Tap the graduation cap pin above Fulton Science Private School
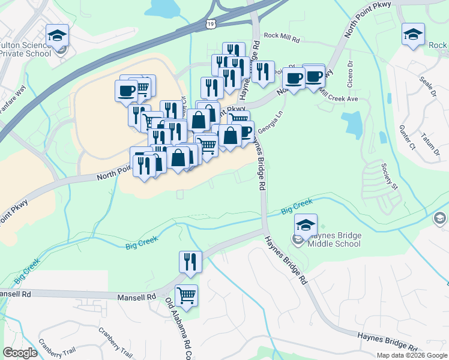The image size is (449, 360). (58, 35)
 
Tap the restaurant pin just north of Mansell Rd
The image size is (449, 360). (190, 262)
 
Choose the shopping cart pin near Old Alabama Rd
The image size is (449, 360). (187, 296)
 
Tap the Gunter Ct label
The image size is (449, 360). (408, 137)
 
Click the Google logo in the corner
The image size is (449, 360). (20, 353)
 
